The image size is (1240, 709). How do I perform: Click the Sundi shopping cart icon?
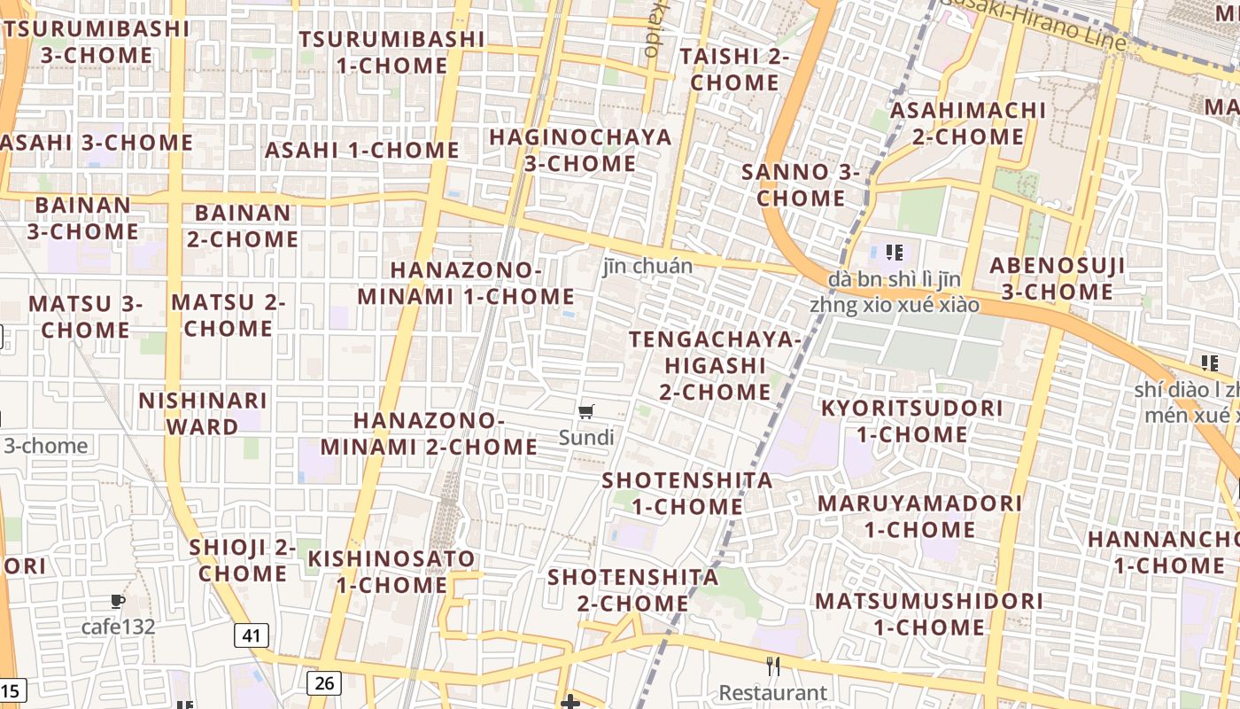click(x=585, y=411)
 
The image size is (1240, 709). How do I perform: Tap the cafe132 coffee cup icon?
click(x=118, y=603)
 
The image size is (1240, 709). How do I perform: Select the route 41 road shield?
click(x=252, y=635)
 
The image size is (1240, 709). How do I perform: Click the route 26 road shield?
click(x=324, y=682)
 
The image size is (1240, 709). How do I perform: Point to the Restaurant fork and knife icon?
click(x=773, y=666)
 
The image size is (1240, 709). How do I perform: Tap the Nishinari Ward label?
click(x=202, y=413)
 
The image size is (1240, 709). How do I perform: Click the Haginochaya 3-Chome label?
click(x=580, y=151)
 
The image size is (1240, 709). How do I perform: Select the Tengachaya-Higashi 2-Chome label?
click(x=715, y=365)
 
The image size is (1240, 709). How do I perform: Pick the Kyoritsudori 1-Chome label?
click(x=911, y=421)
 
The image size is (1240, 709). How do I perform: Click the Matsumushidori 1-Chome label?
click(x=929, y=613)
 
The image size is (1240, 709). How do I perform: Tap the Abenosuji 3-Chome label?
click(x=1057, y=278)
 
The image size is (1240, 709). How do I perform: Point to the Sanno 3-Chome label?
click(x=801, y=184)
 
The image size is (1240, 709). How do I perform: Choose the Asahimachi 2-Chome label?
click(x=967, y=123)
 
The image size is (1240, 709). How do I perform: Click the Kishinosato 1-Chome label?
click(x=391, y=572)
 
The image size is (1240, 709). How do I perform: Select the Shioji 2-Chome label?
click(x=242, y=560)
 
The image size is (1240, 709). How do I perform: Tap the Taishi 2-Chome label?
click(x=734, y=69)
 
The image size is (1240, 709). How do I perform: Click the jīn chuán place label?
click(x=647, y=266)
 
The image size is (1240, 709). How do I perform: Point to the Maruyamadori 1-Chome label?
click(x=919, y=516)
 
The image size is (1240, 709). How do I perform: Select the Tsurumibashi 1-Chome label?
click(x=391, y=52)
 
